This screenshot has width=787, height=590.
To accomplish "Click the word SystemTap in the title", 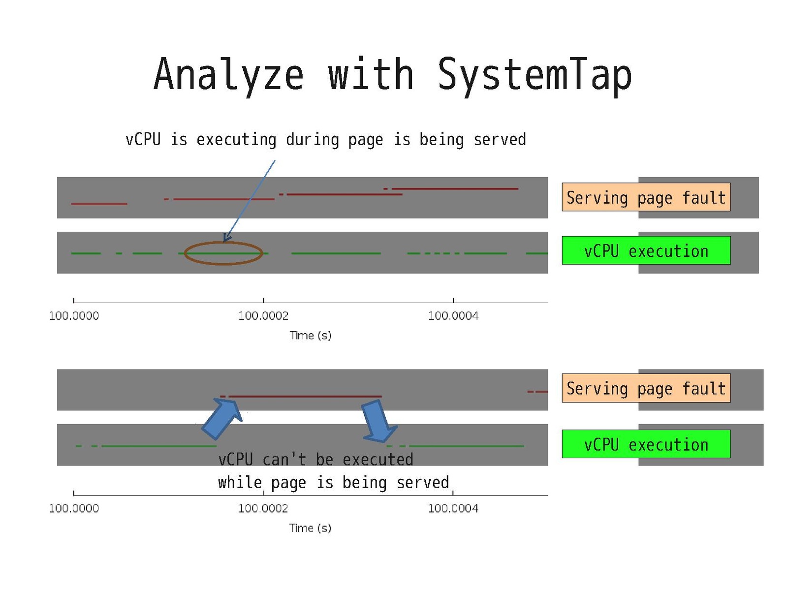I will [x=535, y=75].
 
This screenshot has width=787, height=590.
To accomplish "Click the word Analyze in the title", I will [x=228, y=75].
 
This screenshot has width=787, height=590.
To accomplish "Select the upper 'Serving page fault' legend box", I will [x=646, y=197].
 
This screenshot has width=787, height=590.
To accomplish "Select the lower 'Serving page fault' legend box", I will [x=646, y=388].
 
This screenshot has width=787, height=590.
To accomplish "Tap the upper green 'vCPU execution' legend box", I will [x=646, y=250].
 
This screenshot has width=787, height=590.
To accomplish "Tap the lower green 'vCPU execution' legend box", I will [x=646, y=444].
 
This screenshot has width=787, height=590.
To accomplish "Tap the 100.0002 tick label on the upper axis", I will [x=263, y=316].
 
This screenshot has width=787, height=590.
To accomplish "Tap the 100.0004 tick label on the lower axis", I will [x=453, y=508].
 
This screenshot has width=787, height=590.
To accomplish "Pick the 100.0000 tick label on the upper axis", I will [x=74, y=316].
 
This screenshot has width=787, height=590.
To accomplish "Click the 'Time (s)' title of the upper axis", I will [x=311, y=336].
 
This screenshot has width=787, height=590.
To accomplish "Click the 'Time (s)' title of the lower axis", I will [x=310, y=528].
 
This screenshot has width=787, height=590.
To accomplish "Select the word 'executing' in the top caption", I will [x=236, y=140].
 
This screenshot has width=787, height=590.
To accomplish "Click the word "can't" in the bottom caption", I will [x=284, y=460].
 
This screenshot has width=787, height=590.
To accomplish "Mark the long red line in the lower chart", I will [x=305, y=396].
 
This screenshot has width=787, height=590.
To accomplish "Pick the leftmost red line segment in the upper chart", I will [x=99, y=204].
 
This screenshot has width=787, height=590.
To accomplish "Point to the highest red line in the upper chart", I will [x=455, y=189].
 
